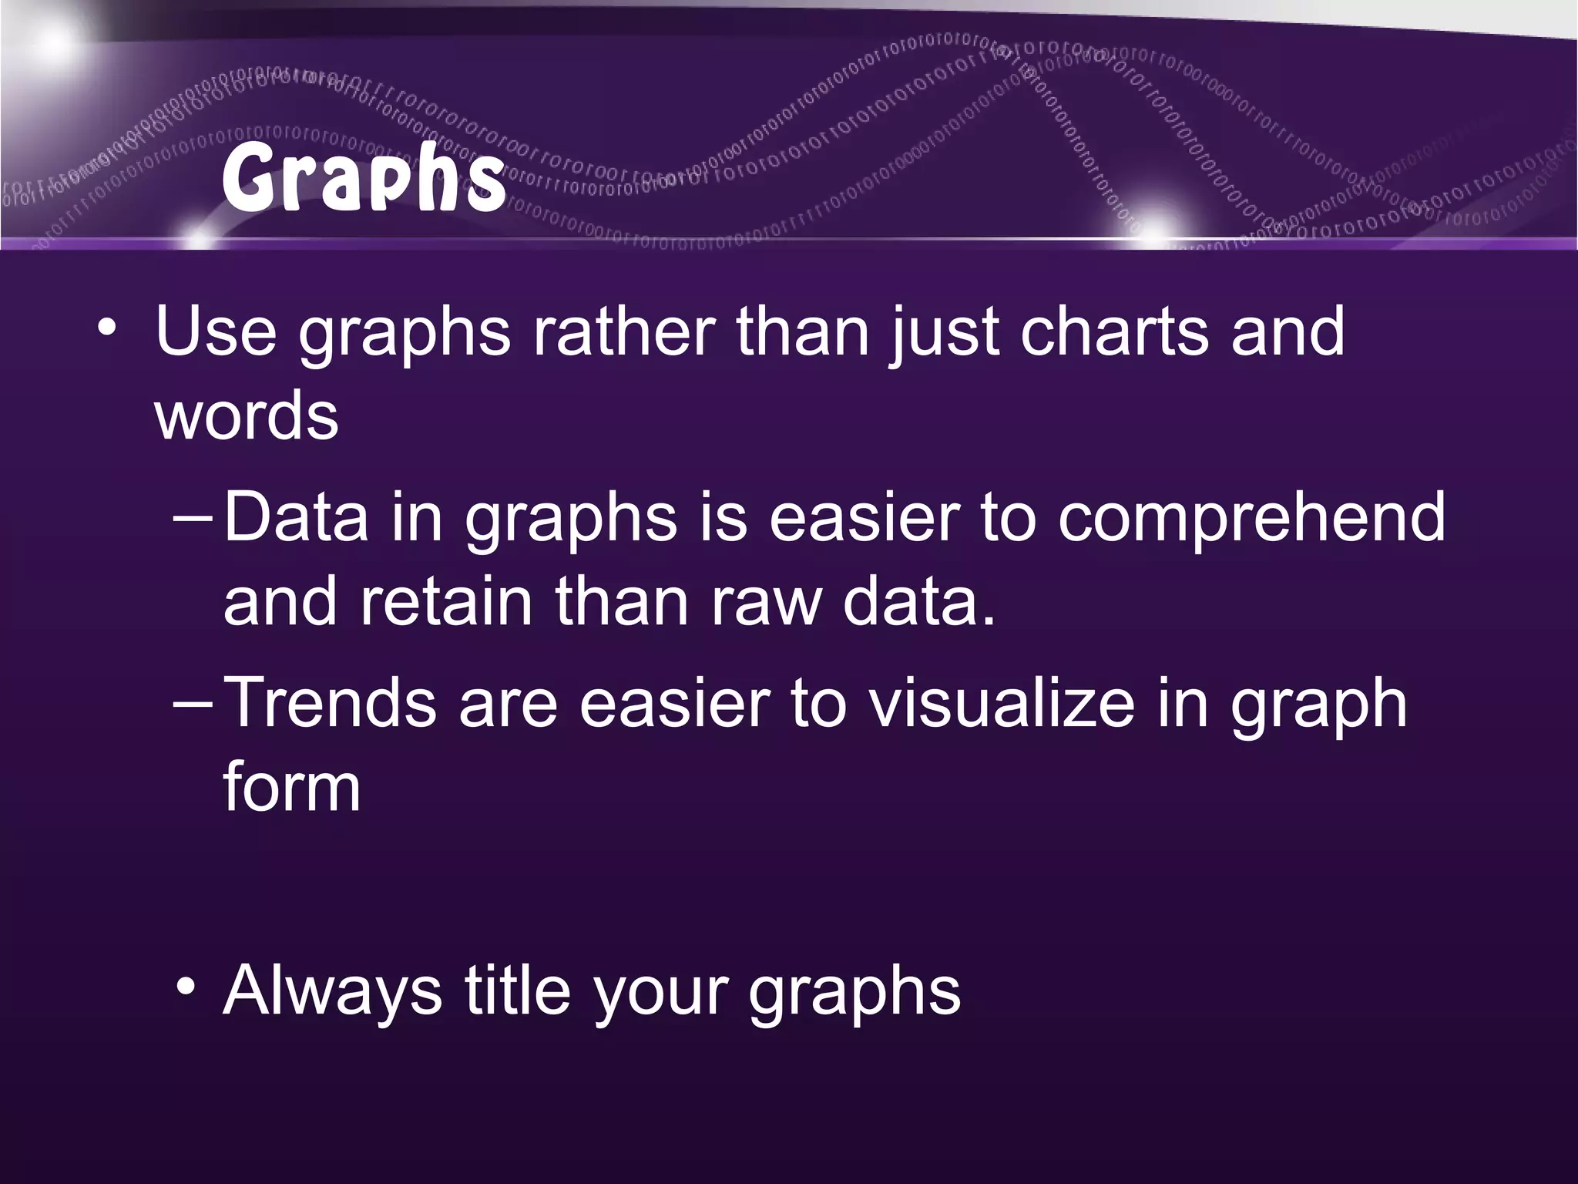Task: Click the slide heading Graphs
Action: tap(362, 179)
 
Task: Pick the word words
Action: tap(247, 416)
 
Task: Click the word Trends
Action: tap(331, 703)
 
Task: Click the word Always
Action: tap(332, 991)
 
